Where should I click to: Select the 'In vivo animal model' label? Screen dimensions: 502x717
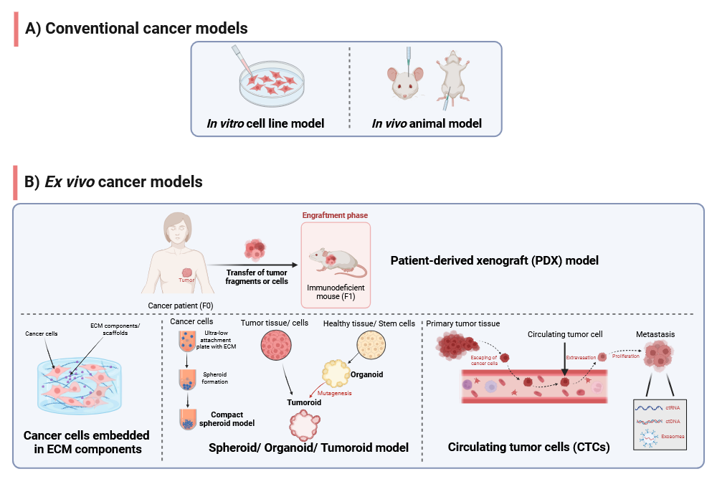click(427, 123)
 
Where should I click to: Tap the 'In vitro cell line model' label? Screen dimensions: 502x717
click(265, 123)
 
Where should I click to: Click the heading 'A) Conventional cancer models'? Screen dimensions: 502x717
click(136, 29)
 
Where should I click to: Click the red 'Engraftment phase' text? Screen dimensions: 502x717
click(336, 215)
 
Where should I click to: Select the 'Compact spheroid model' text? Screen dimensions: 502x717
click(234, 418)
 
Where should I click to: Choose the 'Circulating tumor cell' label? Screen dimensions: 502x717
click(564, 334)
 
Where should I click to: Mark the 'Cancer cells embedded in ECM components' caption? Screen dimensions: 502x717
click(87, 442)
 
